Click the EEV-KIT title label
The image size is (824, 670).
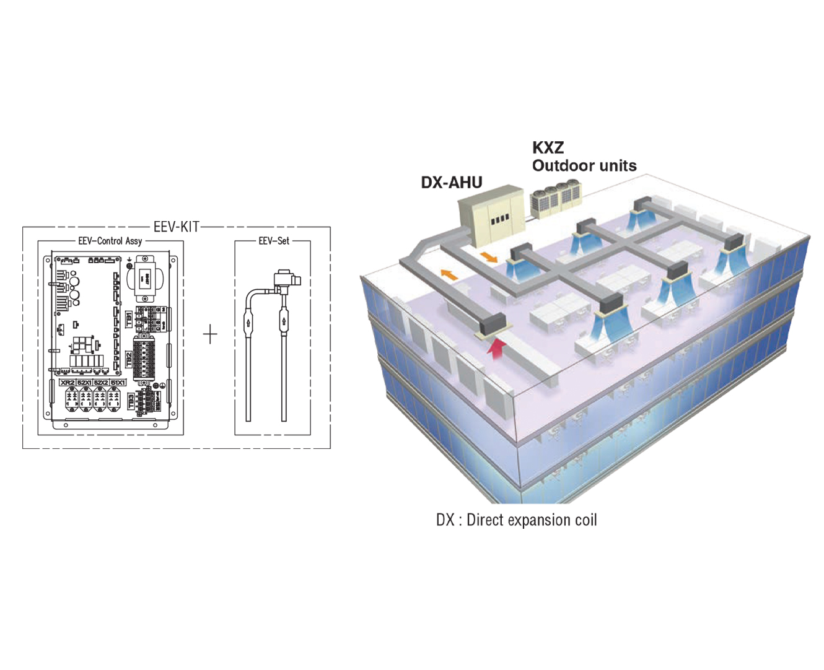(x=177, y=227)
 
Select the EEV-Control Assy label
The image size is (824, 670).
(x=110, y=241)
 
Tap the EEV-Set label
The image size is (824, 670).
(x=273, y=241)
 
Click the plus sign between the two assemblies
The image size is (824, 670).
(x=211, y=334)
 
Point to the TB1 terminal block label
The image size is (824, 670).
(x=129, y=320)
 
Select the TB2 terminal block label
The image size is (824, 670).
(x=129, y=359)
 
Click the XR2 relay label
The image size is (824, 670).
(x=68, y=383)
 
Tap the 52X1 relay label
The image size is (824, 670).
(x=84, y=383)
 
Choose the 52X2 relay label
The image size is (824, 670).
(x=101, y=383)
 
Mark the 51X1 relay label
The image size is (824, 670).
(x=118, y=383)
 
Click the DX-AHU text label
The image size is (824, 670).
(x=451, y=183)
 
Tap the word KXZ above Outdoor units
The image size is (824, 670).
(x=548, y=148)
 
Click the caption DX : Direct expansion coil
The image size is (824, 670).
(x=516, y=520)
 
